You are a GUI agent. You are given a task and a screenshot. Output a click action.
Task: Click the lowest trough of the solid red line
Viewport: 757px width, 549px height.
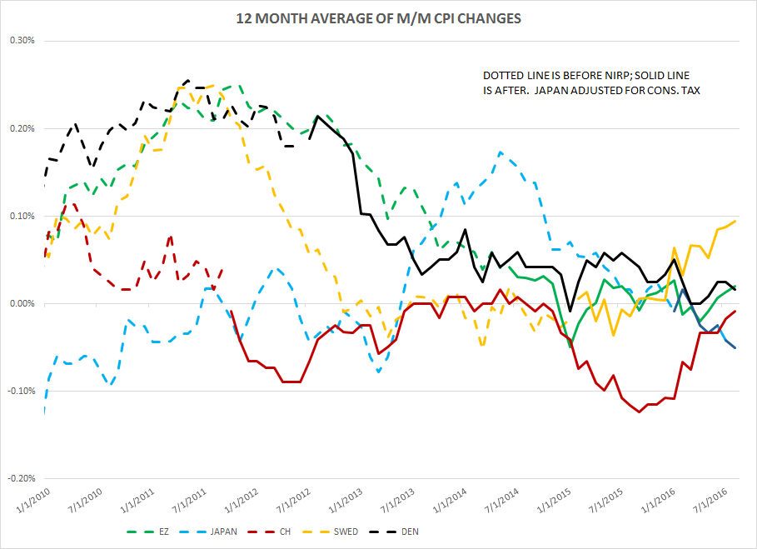[640, 412]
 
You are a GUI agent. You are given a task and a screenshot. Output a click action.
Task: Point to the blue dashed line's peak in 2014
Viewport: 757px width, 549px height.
[500, 152]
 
